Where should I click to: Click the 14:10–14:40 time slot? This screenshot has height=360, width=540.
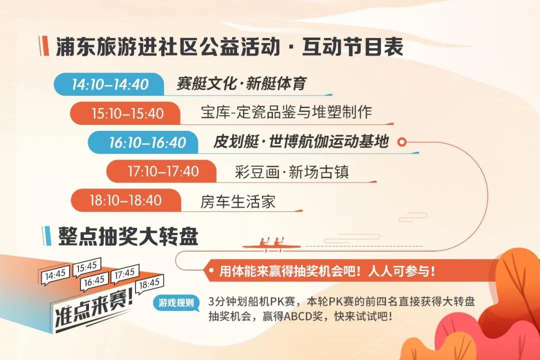coord(110,84)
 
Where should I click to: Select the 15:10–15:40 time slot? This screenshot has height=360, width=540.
coord(127,113)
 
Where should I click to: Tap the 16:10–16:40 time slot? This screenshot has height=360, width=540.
coord(147,142)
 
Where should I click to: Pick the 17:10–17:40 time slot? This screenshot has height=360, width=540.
coord(163,171)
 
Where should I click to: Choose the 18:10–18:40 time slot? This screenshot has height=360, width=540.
coord(125,200)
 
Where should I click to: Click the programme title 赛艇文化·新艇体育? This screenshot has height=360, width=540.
coord(241,83)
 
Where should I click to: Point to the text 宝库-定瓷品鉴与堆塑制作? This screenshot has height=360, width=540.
coord(286,112)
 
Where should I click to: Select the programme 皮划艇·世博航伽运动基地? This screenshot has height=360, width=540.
coord(301,141)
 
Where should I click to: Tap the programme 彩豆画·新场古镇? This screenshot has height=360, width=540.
coord(292,171)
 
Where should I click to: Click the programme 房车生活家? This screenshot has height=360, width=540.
coord(238,201)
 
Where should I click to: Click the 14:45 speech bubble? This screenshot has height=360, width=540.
coord(55,275)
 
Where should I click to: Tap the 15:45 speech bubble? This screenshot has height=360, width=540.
coord(86,267)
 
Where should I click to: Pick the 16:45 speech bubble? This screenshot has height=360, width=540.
coord(94,281)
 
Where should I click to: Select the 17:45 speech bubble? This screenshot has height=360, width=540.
coord(124,274)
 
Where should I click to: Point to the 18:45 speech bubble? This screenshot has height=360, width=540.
coord(149,284)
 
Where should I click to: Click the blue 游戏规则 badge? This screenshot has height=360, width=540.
coord(176,303)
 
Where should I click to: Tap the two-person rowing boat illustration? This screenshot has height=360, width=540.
coord(272,244)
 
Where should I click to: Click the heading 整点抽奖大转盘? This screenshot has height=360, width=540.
coord(128,236)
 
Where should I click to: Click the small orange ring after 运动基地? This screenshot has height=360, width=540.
coord(401,141)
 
